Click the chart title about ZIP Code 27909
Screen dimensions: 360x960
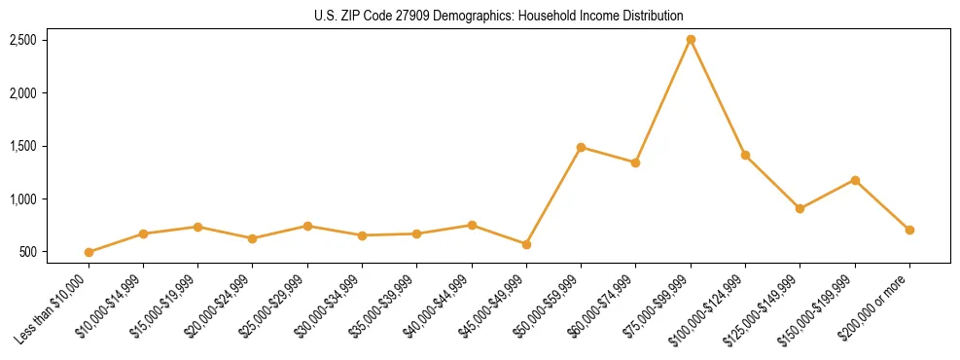coord(499,16)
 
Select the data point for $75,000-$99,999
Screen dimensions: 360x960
coord(691,40)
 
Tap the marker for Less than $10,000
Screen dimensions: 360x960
coord(89,252)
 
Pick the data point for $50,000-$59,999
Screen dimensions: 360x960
coord(581,148)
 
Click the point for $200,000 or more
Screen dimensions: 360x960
coord(909,230)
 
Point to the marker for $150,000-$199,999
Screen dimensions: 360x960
coord(855,180)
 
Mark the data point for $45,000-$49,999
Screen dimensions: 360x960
coord(526,244)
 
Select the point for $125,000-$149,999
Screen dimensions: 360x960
coord(800,208)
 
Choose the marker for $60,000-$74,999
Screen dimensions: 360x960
coord(635,162)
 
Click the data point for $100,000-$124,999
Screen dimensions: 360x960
coord(745,155)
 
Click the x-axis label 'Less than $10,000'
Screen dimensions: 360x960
coord(56,309)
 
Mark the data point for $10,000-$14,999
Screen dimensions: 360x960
coord(143,234)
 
